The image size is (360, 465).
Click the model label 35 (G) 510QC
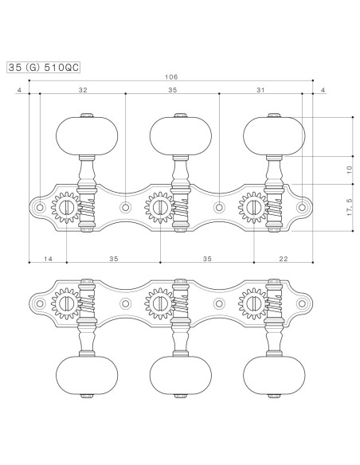[43, 68]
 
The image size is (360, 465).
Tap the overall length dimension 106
[171, 77]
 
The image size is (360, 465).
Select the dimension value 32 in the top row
[83, 90]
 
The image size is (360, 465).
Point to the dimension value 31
[260, 90]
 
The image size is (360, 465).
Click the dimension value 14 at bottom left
[48, 259]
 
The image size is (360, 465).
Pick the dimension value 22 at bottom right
[284, 259]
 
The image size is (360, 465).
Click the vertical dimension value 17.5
[350, 207]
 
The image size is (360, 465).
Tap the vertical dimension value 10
[350, 170]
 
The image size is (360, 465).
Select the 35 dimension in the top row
[173, 90]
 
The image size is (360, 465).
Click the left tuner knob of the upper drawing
[87, 136]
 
